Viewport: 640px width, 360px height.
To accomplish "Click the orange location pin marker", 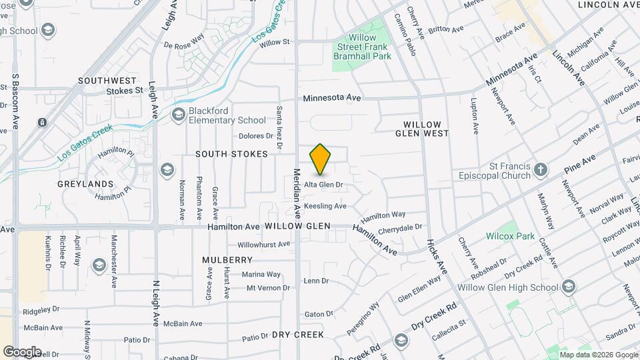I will click(x=321, y=159).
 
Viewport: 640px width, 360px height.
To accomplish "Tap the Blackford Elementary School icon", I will click(x=178, y=115).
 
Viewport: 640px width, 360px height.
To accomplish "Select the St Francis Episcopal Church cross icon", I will click(x=541, y=169).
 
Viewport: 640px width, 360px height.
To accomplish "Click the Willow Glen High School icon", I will click(x=568, y=287).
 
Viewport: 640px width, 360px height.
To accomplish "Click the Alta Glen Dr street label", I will click(x=323, y=185).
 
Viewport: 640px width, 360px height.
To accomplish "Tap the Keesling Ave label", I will click(x=325, y=206).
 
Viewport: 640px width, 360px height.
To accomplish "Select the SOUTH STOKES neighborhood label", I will click(x=231, y=154).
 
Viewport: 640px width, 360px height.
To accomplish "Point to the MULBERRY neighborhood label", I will click(x=228, y=259).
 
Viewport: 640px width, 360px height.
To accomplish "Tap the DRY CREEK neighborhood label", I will click(x=298, y=335).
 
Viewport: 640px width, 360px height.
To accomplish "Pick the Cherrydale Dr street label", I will click(x=400, y=227).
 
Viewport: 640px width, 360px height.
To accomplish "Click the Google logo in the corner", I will click(x=22, y=351).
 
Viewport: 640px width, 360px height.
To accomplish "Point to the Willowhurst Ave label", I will click(x=264, y=245).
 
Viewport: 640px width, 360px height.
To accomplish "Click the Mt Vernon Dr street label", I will click(x=268, y=288).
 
